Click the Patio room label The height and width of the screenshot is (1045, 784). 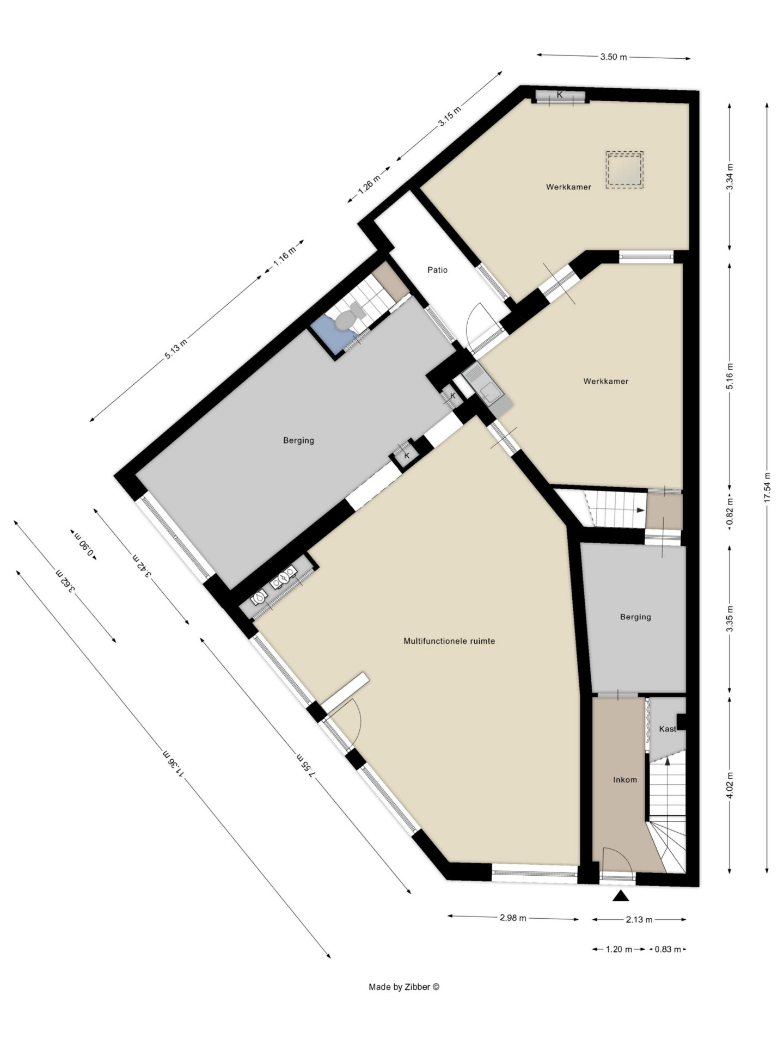437,270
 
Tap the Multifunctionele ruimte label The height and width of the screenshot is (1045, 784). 449,641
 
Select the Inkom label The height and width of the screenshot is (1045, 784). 625,780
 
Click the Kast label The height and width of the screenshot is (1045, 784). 667,729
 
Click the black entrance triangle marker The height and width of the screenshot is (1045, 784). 621,896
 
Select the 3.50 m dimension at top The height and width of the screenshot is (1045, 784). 614,57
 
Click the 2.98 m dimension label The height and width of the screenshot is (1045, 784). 513,918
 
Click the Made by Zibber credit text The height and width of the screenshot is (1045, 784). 404,987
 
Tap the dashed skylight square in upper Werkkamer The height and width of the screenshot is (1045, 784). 624,170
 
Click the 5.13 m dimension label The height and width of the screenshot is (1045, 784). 176,346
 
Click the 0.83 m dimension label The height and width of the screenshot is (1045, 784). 667,949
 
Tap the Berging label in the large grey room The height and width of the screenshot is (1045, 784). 298,440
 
